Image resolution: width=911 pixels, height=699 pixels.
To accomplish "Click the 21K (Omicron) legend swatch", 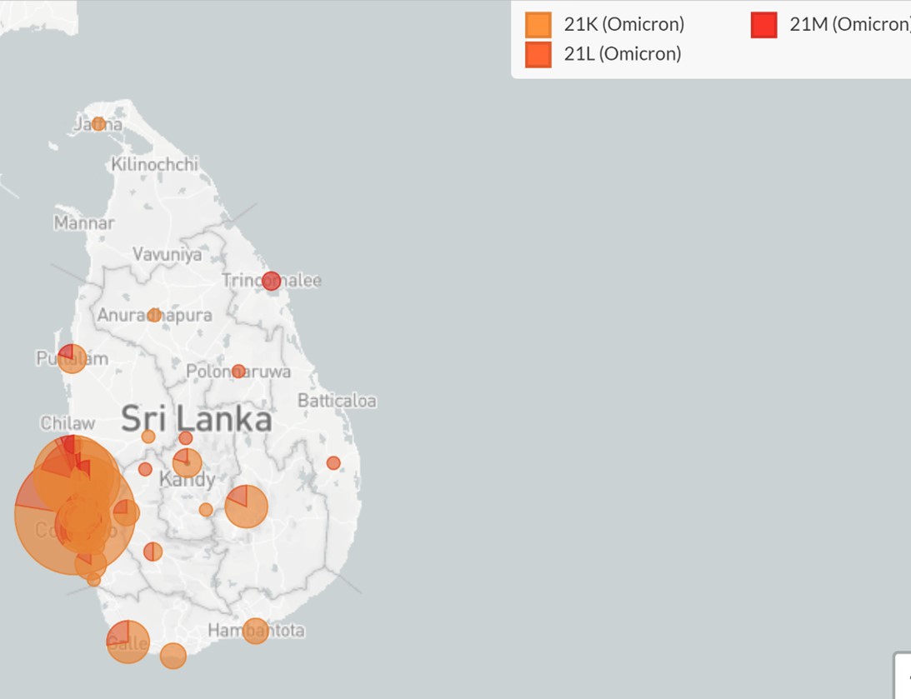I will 538,24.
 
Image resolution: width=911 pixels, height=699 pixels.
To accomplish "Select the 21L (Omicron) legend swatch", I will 538,54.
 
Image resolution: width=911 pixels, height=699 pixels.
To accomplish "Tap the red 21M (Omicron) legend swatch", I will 763,24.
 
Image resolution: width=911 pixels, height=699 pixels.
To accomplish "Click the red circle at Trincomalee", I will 271,281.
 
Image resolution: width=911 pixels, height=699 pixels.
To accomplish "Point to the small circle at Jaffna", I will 98,124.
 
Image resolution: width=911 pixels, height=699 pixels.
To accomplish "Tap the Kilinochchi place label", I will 155,164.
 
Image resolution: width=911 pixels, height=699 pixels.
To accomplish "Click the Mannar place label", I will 84,222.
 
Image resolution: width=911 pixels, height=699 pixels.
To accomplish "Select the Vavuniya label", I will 167,254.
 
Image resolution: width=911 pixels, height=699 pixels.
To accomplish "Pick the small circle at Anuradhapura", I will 154,315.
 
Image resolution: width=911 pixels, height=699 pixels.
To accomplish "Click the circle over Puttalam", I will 73,358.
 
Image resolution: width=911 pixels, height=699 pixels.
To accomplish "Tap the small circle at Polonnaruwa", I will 238,371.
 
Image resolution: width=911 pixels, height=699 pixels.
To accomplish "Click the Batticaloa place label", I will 337,401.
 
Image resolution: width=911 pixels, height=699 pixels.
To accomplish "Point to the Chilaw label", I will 68,423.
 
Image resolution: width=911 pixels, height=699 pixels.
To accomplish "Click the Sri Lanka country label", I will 197,419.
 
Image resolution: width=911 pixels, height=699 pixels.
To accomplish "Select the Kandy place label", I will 188,480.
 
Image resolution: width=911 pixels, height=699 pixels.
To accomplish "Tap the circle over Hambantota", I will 256,631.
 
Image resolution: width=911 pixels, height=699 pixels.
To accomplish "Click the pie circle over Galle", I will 128,642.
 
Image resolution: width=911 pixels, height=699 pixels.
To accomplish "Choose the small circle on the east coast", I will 333,462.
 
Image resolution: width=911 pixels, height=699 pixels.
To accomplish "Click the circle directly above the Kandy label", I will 187,462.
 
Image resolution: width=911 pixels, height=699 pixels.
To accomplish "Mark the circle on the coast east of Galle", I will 173,656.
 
